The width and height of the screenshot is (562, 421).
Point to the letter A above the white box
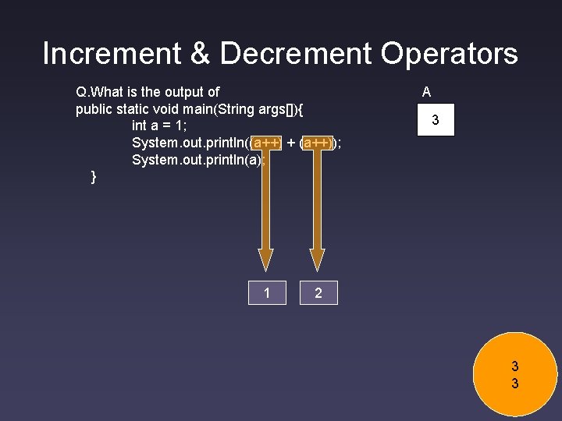click(426, 92)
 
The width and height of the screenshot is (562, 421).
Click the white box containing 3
click(435, 121)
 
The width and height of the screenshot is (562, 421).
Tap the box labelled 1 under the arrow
click(267, 293)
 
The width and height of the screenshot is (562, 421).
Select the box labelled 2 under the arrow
click(318, 293)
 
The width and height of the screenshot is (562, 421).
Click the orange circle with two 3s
click(514, 374)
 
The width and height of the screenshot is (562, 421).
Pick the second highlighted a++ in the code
click(317, 143)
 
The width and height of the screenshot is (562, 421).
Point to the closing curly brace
click(94, 177)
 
